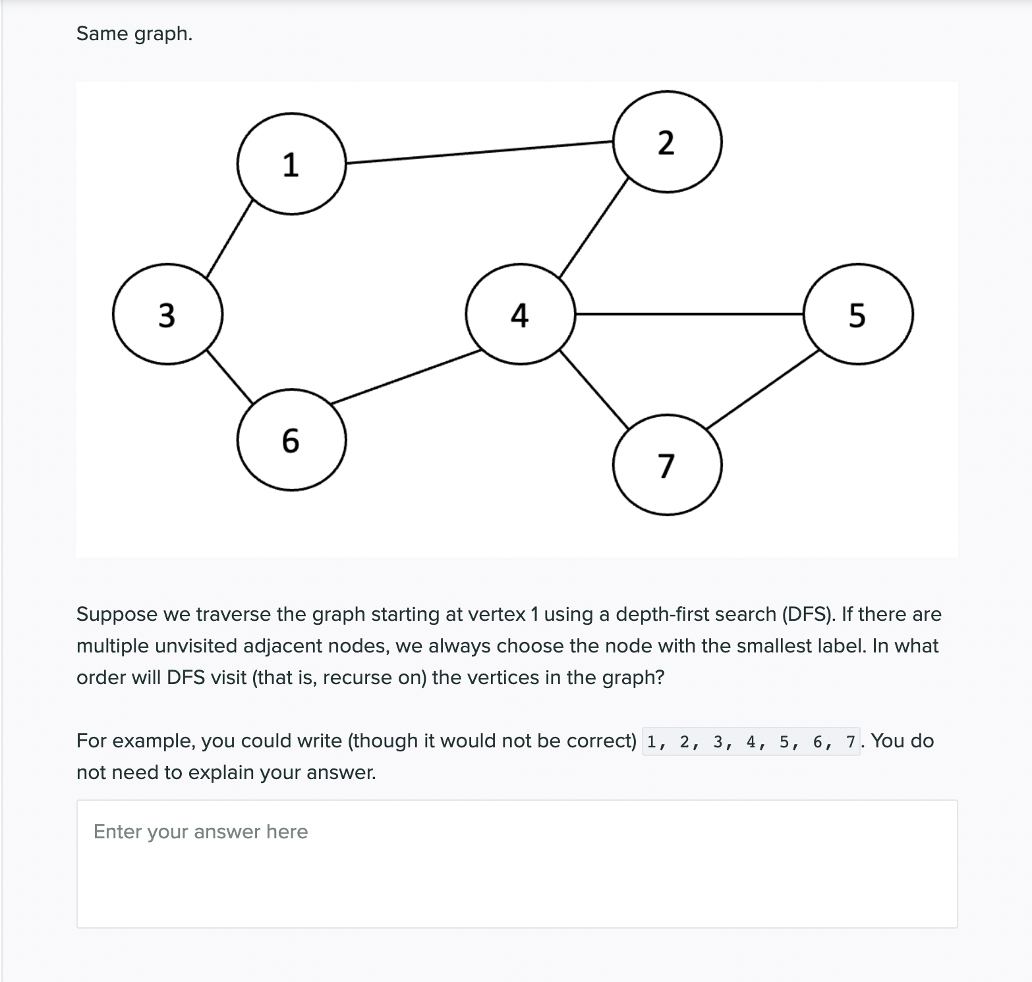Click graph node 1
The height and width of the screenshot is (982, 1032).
coord(291,163)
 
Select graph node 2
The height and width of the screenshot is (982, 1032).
coord(667,142)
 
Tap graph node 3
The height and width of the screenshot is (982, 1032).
coord(167,314)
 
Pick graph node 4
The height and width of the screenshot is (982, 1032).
coord(520,314)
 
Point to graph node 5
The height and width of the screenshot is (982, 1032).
coord(858,314)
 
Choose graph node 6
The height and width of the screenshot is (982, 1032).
coord(291,440)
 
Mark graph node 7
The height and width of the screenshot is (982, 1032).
coord(667,465)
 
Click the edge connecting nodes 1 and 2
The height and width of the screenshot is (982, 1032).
coord(479,152)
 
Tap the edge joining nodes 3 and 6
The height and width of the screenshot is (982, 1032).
coord(230,376)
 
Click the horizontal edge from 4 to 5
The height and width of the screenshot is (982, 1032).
coord(689,314)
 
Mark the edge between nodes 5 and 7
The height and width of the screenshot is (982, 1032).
coord(762,389)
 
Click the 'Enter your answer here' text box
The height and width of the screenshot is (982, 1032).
coord(517,863)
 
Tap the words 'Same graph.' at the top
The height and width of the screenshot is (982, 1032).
coord(134,34)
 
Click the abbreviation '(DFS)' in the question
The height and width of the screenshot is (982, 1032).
coord(809,614)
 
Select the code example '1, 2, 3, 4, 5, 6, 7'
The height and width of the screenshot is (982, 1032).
coord(751,741)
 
